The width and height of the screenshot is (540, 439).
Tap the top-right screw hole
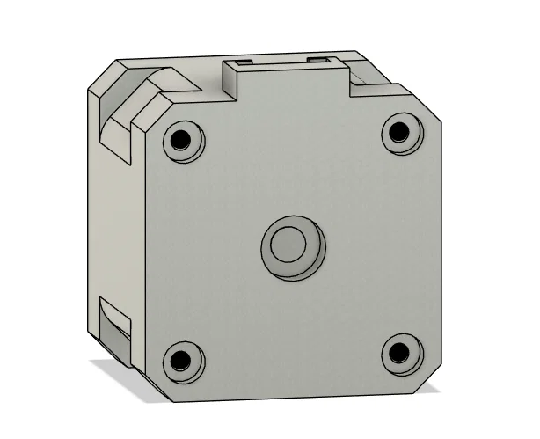coord(399,132)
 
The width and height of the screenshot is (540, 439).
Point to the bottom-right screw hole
coord(399,352)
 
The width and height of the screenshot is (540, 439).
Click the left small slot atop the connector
coord(240,62)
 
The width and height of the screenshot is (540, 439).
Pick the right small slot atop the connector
coord(322,59)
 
